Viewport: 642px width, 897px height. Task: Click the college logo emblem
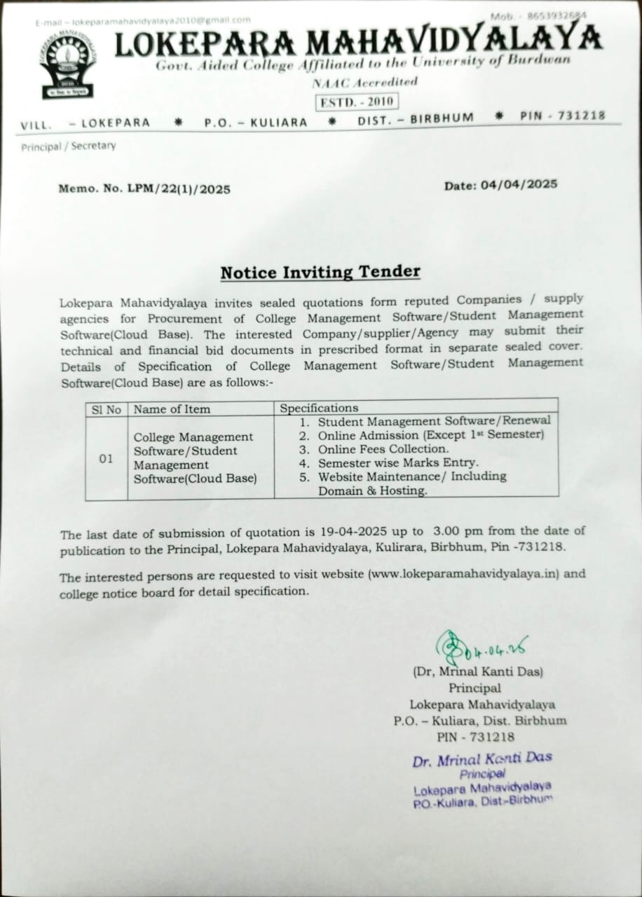[x=67, y=67]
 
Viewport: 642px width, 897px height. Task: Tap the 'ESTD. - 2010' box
[x=357, y=102]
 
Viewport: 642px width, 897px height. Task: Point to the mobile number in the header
[x=539, y=15]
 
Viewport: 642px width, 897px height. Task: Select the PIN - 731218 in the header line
[x=563, y=116]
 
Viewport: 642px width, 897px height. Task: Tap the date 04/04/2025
[x=519, y=184]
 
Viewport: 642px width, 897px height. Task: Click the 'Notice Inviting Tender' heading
[x=320, y=272]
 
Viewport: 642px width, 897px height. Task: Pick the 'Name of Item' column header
[x=172, y=409]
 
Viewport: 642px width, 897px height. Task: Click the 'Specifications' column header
[x=319, y=408]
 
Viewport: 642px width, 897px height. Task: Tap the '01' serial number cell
[x=106, y=459]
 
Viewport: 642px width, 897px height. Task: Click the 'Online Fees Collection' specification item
[x=383, y=449]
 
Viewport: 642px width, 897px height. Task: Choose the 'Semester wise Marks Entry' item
[x=397, y=463]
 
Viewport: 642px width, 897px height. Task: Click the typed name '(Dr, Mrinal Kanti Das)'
[x=478, y=671]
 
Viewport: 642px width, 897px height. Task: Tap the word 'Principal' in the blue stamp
[x=482, y=774]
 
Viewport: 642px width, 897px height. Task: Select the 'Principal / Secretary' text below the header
[x=69, y=146]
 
